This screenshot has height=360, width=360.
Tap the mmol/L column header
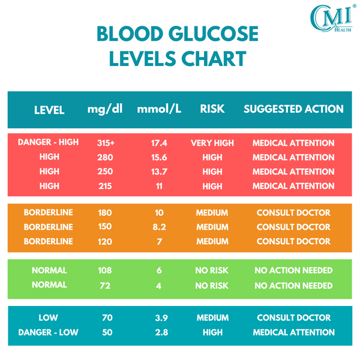(x=159, y=109)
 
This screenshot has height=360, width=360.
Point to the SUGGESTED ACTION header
(x=293, y=109)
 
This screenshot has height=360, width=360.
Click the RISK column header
(x=212, y=109)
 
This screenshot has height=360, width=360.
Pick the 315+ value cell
(x=105, y=143)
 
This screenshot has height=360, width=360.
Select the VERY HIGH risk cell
(x=212, y=143)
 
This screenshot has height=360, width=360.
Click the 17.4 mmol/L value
(x=160, y=143)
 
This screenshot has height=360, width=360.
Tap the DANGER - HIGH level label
(x=49, y=143)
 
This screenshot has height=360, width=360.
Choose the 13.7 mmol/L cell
(x=160, y=172)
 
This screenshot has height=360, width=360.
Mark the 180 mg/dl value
(x=105, y=213)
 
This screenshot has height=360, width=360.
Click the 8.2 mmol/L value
(x=160, y=227)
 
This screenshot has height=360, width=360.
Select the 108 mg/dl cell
(x=105, y=271)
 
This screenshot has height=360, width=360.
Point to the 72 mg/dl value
(x=105, y=286)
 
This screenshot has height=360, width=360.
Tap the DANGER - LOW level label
(x=49, y=332)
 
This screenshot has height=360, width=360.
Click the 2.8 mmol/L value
(x=160, y=332)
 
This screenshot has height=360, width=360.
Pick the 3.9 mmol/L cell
(x=160, y=317)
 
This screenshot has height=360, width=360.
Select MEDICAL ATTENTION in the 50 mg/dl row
(x=293, y=332)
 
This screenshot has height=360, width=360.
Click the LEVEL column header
(x=49, y=110)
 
